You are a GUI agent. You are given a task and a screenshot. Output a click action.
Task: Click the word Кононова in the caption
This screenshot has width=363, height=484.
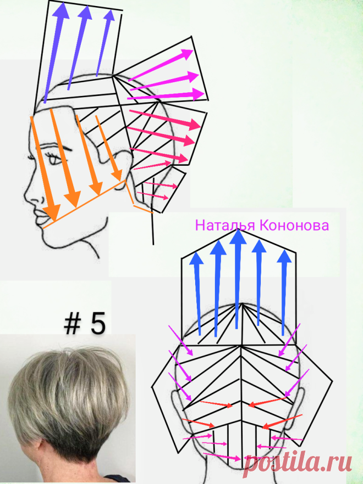[294, 225]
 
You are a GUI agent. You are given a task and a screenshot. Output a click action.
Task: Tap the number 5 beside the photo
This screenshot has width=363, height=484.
[98, 324]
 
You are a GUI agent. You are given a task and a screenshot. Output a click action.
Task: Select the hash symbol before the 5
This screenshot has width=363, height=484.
[73, 324]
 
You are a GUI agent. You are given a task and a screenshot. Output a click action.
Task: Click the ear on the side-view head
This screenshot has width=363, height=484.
[123, 169]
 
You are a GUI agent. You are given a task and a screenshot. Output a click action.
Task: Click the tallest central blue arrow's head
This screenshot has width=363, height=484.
[238, 236]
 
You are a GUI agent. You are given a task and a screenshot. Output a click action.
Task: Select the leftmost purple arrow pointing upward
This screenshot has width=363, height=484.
[54, 53]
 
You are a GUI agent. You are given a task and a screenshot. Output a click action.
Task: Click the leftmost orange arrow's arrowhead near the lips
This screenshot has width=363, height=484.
[52, 213]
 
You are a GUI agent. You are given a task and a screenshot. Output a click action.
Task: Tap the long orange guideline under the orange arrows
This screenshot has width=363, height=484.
[85, 204]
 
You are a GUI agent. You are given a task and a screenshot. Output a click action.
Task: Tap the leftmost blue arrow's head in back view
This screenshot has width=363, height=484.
[196, 258]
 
